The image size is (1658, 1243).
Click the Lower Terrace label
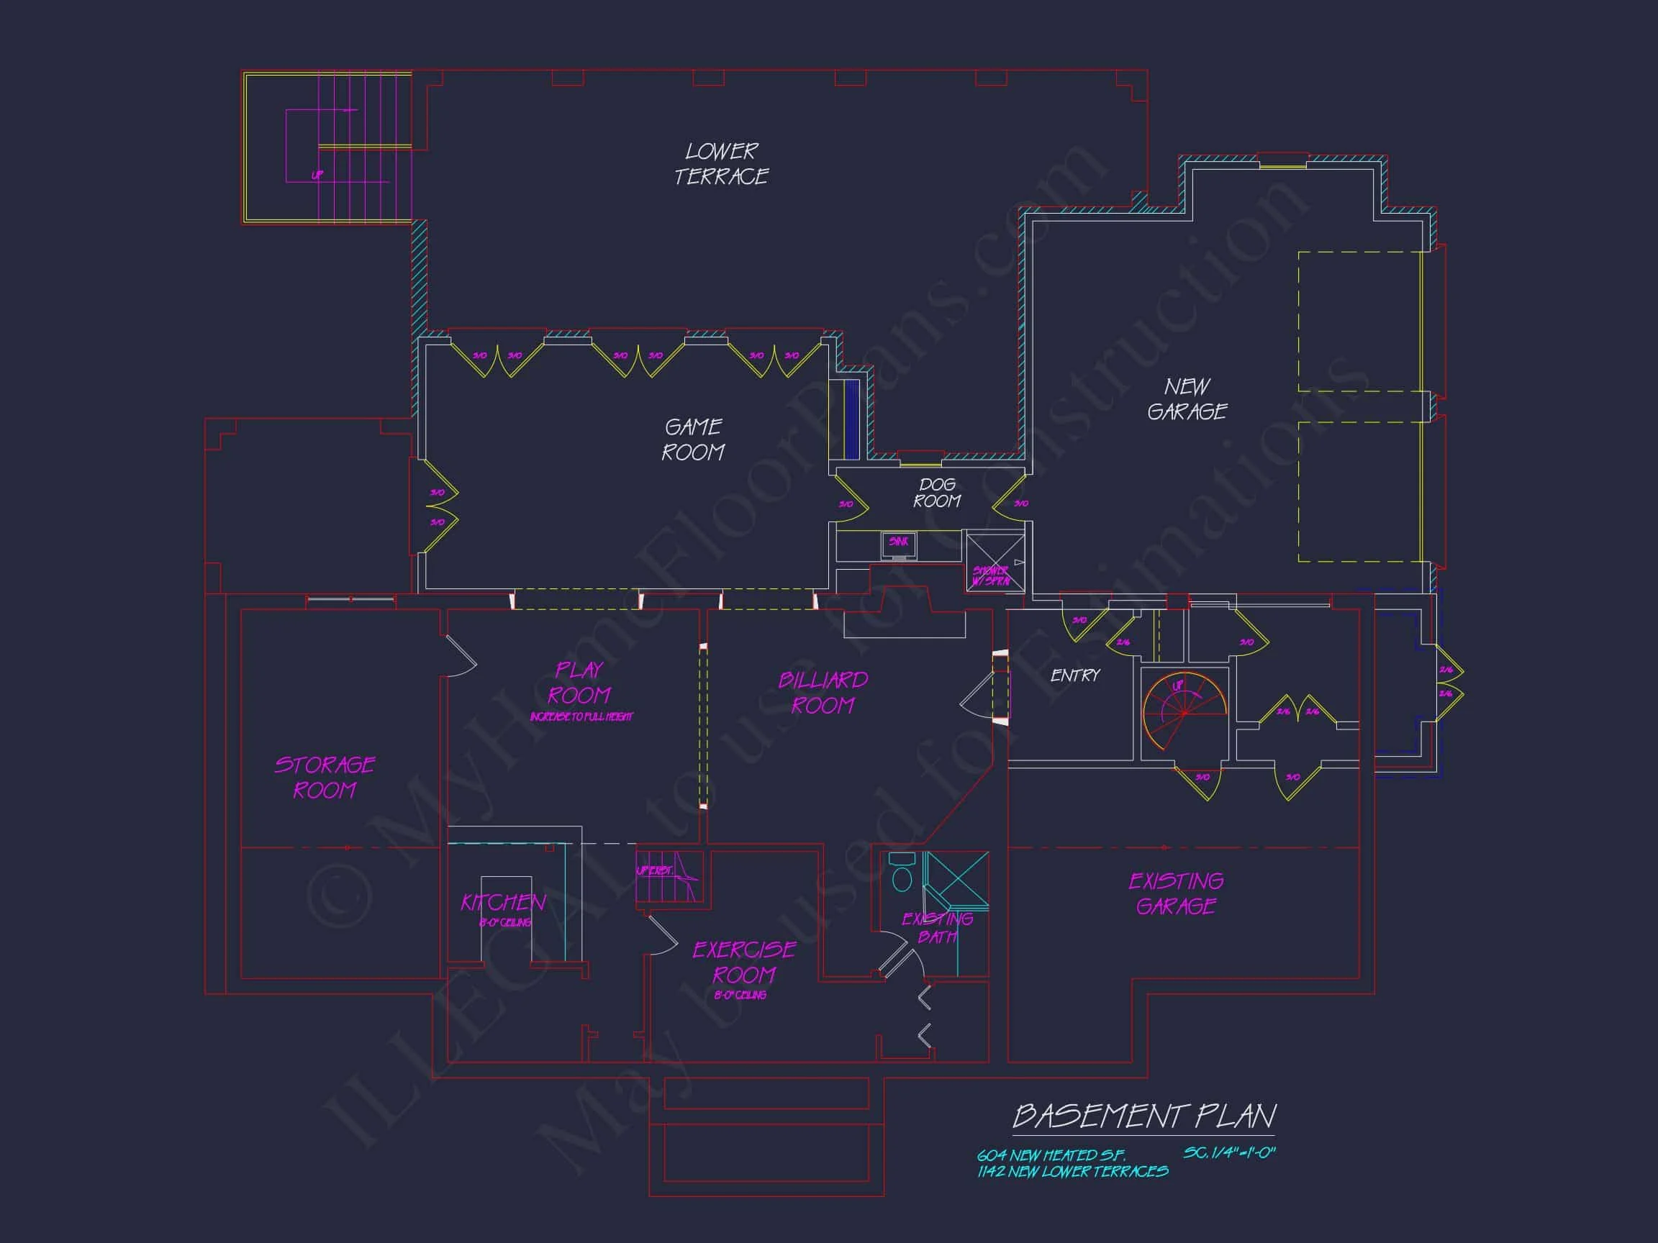721,164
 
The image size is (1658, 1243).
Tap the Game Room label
693,440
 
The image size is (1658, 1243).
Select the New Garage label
1187,399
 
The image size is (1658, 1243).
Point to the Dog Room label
937,493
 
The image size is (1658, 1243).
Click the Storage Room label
325,778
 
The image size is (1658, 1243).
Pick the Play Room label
579,683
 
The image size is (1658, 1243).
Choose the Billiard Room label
823,693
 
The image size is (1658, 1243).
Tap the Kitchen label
503,903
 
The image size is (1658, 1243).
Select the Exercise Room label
743,962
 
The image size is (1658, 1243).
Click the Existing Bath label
937,927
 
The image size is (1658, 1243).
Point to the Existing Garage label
1176,893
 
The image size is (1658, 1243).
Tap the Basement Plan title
1143,1116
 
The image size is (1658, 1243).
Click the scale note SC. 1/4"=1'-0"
1229,1153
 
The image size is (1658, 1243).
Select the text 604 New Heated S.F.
1051,1155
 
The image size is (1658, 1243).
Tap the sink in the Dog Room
899,545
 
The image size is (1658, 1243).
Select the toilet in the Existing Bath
902,872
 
